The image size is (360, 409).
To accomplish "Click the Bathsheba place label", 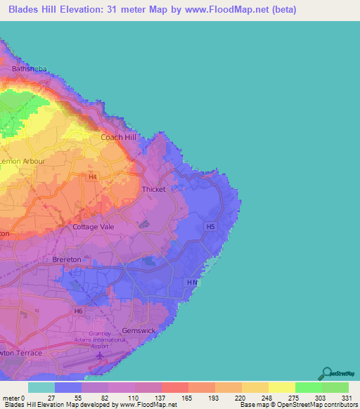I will pos(29,70).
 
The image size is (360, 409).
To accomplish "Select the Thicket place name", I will pos(154,189).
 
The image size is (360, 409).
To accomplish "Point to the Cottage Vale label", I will pos(94,227).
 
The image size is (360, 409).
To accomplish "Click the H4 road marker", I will pos(92,177).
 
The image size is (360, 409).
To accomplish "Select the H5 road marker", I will pos(210,226).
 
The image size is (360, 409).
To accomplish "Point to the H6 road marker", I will pos(78,310).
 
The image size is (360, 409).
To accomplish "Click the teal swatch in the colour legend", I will pos(41,387).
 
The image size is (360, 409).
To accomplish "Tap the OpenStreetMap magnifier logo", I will pos(327,374).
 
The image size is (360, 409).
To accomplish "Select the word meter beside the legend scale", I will pos(12,398).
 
